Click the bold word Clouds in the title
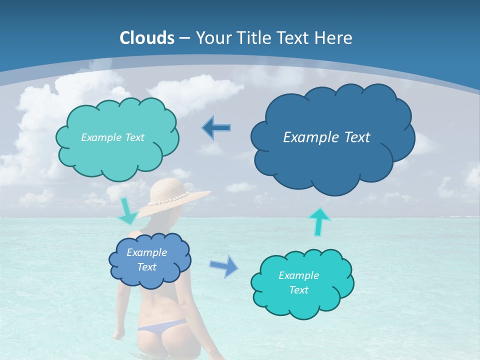(x=147, y=38)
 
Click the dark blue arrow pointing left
(x=217, y=128)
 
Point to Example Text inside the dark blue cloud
(x=326, y=137)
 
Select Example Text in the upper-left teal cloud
(x=112, y=137)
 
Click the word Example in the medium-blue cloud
(x=146, y=252)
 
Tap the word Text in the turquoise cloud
(x=298, y=290)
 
